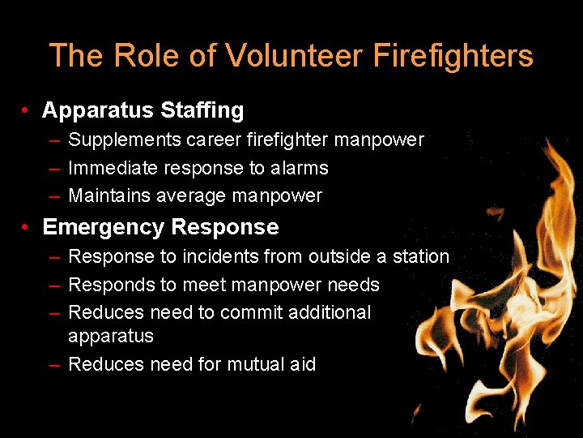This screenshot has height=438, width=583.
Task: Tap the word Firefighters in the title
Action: tap(453, 56)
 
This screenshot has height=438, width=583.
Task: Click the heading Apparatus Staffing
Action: tap(143, 110)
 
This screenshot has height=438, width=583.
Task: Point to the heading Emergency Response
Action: tap(160, 227)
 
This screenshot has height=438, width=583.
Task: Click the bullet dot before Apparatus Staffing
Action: tap(28, 110)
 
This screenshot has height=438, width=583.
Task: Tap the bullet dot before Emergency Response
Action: tap(28, 227)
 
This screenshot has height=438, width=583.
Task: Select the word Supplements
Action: tap(125, 140)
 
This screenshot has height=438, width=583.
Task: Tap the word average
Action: tap(189, 195)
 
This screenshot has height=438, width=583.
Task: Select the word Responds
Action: tap(106, 285)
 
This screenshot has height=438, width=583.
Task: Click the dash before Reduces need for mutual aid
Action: tap(53, 365)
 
